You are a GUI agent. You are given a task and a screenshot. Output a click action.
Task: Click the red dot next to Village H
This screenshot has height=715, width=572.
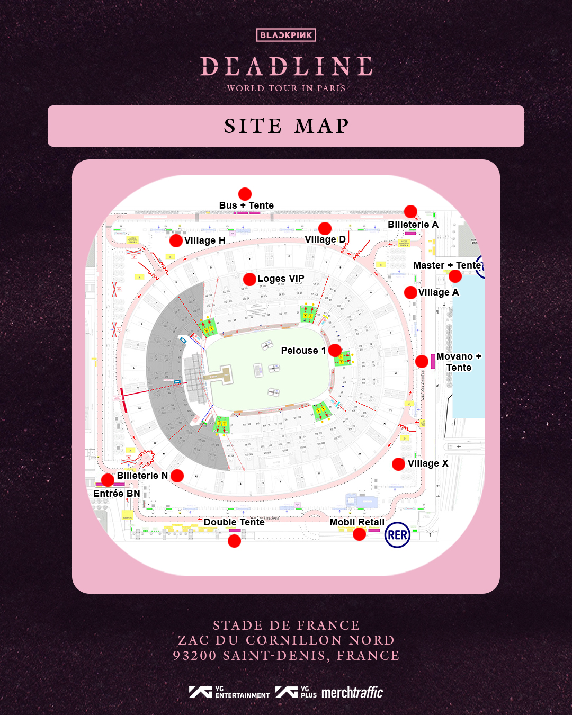(x=176, y=240)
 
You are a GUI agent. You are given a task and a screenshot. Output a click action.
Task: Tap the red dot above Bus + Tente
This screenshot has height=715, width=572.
(x=245, y=194)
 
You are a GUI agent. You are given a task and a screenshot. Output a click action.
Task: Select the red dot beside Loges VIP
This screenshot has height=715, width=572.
(x=249, y=279)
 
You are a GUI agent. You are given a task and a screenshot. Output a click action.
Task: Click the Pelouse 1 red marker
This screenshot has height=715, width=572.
(x=335, y=350)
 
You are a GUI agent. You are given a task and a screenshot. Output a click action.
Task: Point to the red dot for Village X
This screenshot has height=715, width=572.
(x=398, y=464)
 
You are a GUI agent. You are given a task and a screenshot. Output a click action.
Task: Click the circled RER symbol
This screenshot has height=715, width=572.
(x=397, y=535)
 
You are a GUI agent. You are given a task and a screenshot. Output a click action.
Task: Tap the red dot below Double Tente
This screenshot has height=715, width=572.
(x=234, y=541)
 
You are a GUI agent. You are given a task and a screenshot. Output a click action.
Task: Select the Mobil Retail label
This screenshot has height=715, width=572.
(x=357, y=522)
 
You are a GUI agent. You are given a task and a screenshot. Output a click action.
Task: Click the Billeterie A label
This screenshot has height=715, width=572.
(x=413, y=225)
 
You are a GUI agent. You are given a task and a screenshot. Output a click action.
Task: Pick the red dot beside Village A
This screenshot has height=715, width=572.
(x=410, y=292)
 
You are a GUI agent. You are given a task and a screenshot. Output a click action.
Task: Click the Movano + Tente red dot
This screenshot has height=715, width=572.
(x=422, y=361)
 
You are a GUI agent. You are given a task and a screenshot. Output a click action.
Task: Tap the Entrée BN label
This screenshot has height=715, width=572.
(x=117, y=494)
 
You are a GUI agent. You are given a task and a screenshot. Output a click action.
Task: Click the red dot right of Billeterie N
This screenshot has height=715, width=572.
(x=177, y=476)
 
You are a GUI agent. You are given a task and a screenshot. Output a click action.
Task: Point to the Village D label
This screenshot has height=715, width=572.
(x=325, y=239)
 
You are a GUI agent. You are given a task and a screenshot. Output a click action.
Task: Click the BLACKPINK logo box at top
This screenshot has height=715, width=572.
(x=286, y=35)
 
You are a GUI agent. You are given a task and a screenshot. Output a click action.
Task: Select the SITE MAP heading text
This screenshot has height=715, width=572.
(x=286, y=126)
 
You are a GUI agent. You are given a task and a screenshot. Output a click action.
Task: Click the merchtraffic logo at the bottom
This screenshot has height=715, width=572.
(x=352, y=692)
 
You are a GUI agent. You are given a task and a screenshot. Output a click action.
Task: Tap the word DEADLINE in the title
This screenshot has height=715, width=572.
(x=286, y=67)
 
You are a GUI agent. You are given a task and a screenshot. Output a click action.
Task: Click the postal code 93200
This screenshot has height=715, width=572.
(x=195, y=656)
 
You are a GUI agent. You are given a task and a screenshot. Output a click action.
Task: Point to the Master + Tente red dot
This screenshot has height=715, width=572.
(x=455, y=276)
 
